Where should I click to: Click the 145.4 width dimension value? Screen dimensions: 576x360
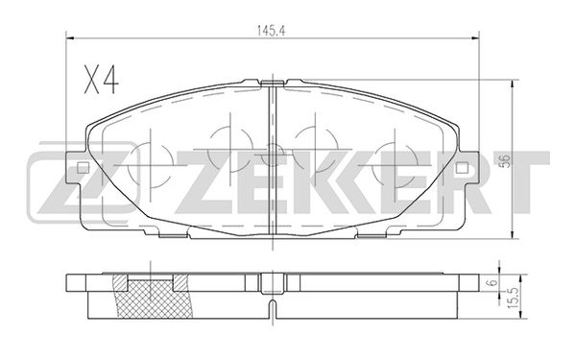click(x=271, y=32)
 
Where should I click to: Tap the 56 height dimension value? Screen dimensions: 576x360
click(x=506, y=161)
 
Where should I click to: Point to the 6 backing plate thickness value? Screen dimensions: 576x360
click(x=493, y=282)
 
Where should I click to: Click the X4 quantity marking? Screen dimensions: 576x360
click(x=102, y=80)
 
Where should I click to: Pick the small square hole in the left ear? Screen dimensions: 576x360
click(x=83, y=168)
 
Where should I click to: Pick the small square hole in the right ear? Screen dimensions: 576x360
click(x=462, y=168)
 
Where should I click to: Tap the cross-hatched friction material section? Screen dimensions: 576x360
click(x=155, y=299)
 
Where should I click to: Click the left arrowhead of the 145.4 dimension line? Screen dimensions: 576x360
click(x=70, y=37)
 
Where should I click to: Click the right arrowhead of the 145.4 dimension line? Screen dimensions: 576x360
click(x=476, y=37)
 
